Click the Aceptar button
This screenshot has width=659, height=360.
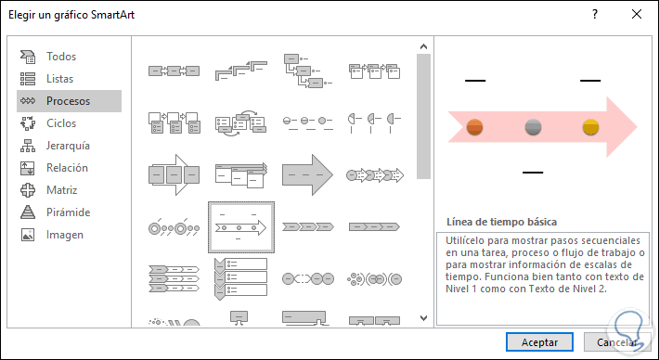[539, 342]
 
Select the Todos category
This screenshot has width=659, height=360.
[61, 57]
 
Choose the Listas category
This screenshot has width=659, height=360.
[59, 79]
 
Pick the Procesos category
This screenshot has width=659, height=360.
[69, 101]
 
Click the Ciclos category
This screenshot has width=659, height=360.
[61, 123]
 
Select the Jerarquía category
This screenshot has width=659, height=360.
[68, 146]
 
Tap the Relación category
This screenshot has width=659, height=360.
[67, 168]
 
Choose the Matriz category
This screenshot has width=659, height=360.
[62, 190]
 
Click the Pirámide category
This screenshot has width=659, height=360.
[68, 212]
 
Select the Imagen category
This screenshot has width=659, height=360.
[65, 235]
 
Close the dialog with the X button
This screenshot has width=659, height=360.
[637, 14]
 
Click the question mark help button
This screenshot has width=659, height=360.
[595, 14]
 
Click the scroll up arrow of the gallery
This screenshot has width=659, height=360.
[423, 46]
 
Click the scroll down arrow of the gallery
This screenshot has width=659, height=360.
[423, 318]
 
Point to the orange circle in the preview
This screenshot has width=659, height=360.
[475, 127]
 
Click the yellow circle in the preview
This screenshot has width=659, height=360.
[590, 127]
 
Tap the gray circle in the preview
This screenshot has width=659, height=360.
[534, 127]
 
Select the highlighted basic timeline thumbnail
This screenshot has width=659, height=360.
[241, 227]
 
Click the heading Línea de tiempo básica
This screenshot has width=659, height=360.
[502, 222]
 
